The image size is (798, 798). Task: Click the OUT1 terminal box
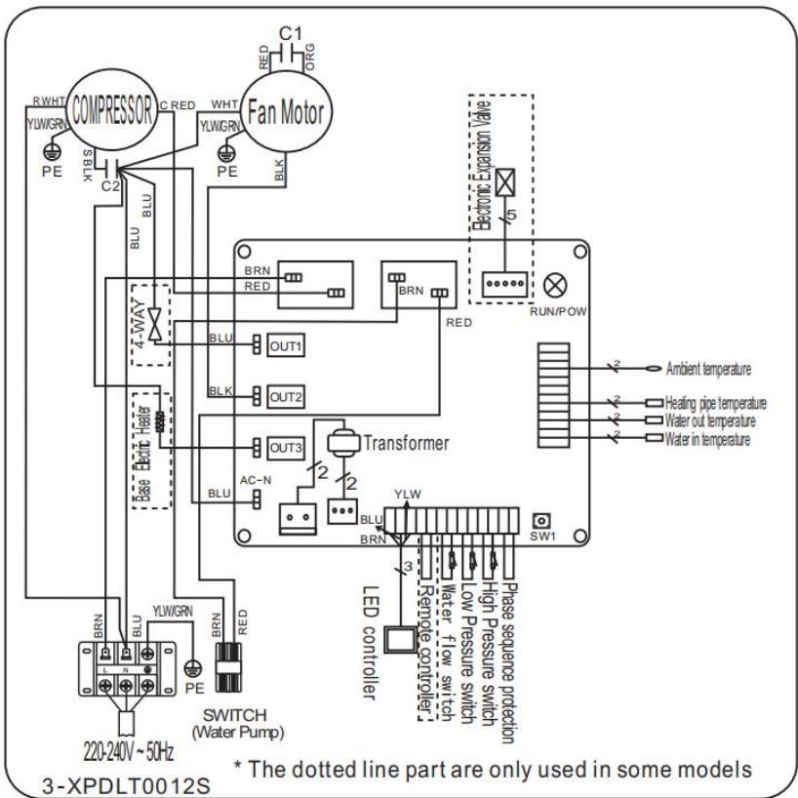288,345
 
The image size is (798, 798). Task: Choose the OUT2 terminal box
288,395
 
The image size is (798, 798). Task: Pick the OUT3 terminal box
288,446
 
